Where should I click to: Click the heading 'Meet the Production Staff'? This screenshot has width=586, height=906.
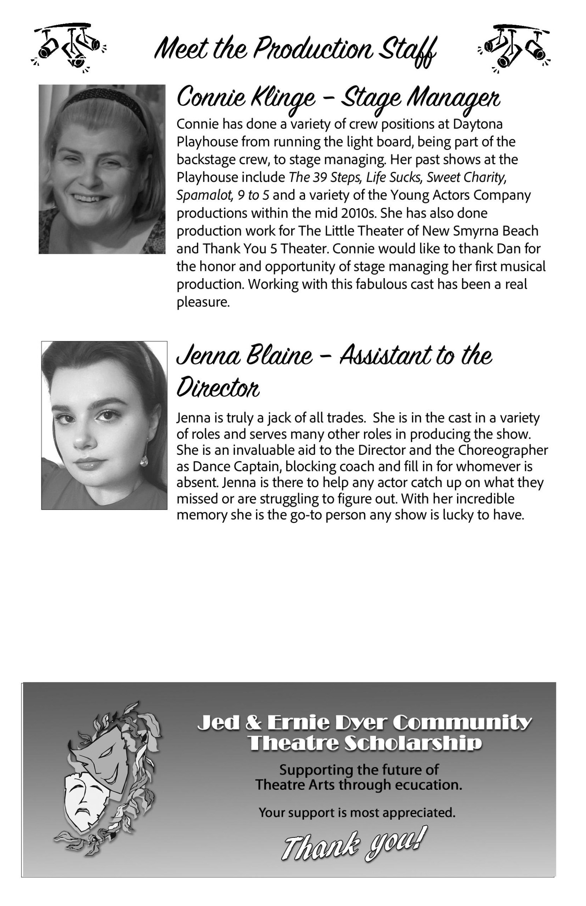point(295,50)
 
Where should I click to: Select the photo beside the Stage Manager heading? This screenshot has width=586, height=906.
point(102,169)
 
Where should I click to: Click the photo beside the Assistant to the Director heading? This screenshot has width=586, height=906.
point(104,425)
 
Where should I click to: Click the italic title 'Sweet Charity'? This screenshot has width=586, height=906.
point(466,177)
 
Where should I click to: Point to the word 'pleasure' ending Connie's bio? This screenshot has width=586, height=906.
point(203,302)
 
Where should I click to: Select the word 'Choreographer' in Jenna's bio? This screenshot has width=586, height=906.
point(502,450)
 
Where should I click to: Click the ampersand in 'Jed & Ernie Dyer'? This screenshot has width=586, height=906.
point(251,722)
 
